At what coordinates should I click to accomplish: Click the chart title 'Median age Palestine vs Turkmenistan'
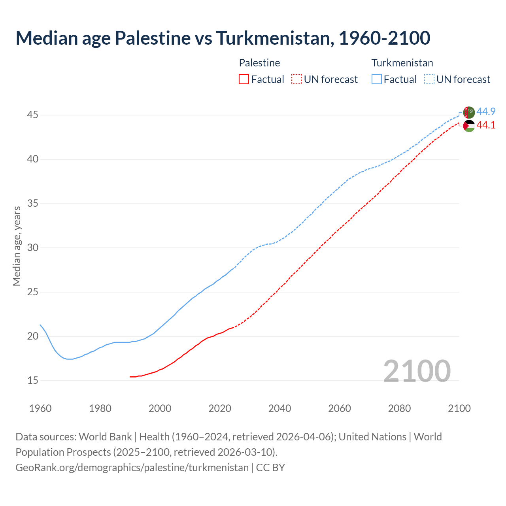(x=223, y=38)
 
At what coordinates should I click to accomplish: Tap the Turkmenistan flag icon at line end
(x=468, y=112)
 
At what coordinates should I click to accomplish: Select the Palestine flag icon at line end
(x=468, y=126)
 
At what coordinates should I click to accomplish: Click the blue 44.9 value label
(x=486, y=112)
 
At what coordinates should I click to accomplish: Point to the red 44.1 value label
(x=486, y=125)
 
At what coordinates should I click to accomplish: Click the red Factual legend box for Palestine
(x=244, y=79)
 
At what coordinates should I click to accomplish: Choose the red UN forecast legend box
(x=296, y=79)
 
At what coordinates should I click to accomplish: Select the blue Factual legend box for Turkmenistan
(x=377, y=79)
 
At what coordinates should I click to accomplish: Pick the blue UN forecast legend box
(x=429, y=79)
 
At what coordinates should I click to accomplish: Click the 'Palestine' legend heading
(x=259, y=63)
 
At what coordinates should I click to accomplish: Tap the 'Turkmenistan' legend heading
(x=402, y=63)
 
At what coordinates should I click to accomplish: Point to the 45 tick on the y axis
(x=32, y=115)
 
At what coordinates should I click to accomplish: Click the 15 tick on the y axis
(x=32, y=381)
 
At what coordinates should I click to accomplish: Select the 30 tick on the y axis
(x=32, y=248)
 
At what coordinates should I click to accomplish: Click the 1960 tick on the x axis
(x=40, y=408)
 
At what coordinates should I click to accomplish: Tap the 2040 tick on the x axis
(x=279, y=408)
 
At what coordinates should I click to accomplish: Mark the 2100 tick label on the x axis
(x=459, y=408)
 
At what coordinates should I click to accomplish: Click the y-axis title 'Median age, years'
(x=17, y=246)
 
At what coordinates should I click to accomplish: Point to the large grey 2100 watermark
(x=417, y=371)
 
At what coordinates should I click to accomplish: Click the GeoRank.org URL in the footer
(x=132, y=468)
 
